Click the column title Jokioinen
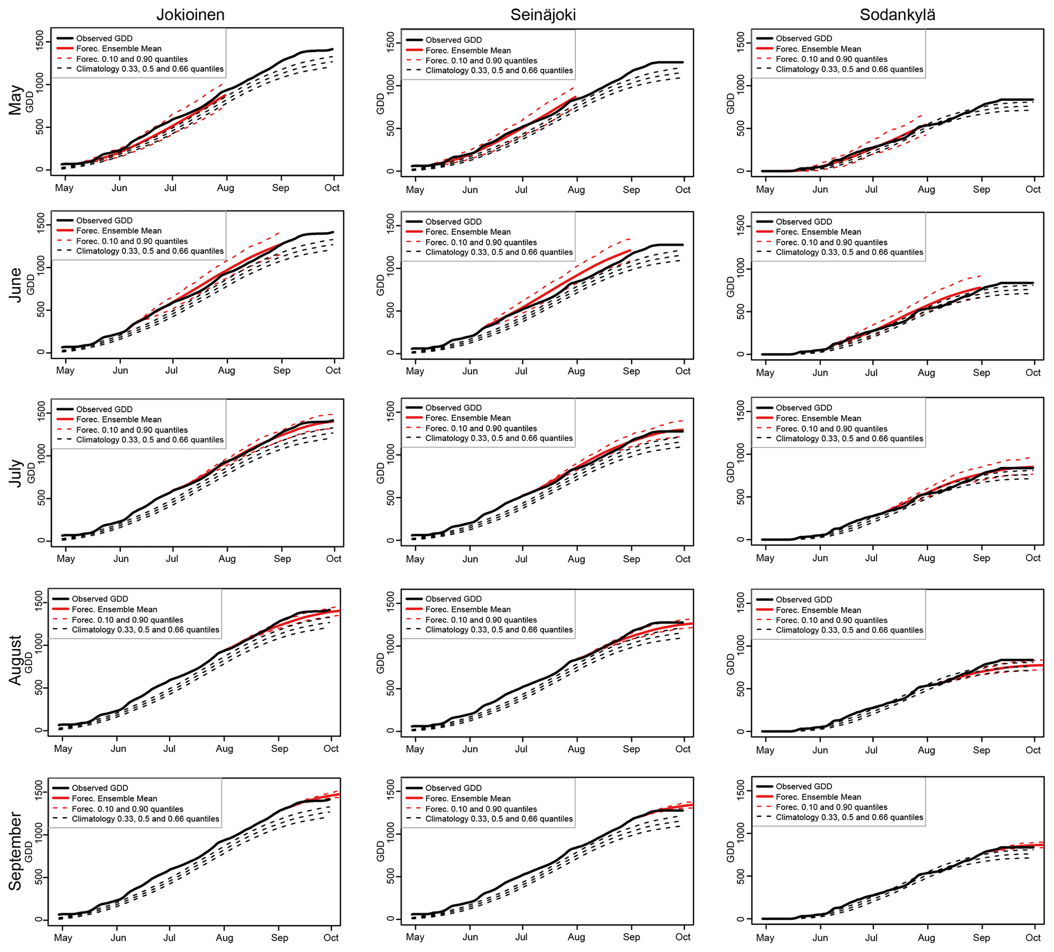coord(190,15)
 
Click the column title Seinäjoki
coord(543,15)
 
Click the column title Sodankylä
coord(897,15)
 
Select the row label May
coord(16,100)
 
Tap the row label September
coord(16,851)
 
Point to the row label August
coord(16,660)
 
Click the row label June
coord(16,285)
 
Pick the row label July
coord(16,473)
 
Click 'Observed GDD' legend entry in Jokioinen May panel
coord(104,39)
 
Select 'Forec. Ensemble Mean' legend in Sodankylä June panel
coord(818,232)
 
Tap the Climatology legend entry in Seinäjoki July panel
coord(499,438)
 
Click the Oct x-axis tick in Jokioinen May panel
coord(332,188)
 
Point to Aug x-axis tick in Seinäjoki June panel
coord(576,371)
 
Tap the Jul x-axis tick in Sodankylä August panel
coord(871,749)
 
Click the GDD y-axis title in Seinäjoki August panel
coord(380,664)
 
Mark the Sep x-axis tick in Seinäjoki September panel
coord(631,937)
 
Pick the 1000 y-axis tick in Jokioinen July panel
coord(40,456)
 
